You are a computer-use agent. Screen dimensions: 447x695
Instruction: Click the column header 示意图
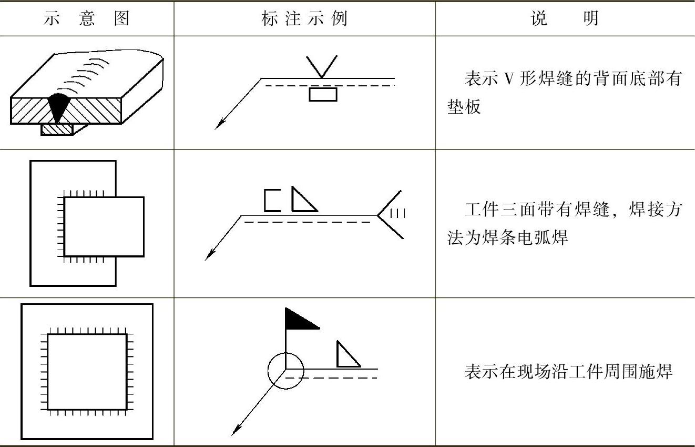[87, 18]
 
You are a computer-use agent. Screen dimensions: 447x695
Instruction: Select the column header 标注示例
[304, 18]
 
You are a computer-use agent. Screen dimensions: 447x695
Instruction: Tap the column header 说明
[565, 18]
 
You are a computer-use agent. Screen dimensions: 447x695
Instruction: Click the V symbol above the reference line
[322, 67]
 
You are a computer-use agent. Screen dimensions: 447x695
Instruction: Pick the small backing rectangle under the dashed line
[323, 94]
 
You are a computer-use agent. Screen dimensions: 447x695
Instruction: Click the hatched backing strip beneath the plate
[56, 129]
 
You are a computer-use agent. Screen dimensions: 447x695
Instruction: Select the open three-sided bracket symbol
[272, 201]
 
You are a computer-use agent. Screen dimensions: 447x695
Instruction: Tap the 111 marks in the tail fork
[397, 213]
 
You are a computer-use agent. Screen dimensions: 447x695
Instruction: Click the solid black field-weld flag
[300, 320]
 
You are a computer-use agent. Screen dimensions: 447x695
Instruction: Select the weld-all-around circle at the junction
[286, 371]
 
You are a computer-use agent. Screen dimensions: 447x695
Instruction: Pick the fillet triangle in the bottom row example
[347, 355]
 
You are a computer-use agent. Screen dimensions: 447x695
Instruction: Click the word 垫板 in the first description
[464, 107]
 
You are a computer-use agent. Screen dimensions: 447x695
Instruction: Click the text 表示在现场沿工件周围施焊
[568, 372]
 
